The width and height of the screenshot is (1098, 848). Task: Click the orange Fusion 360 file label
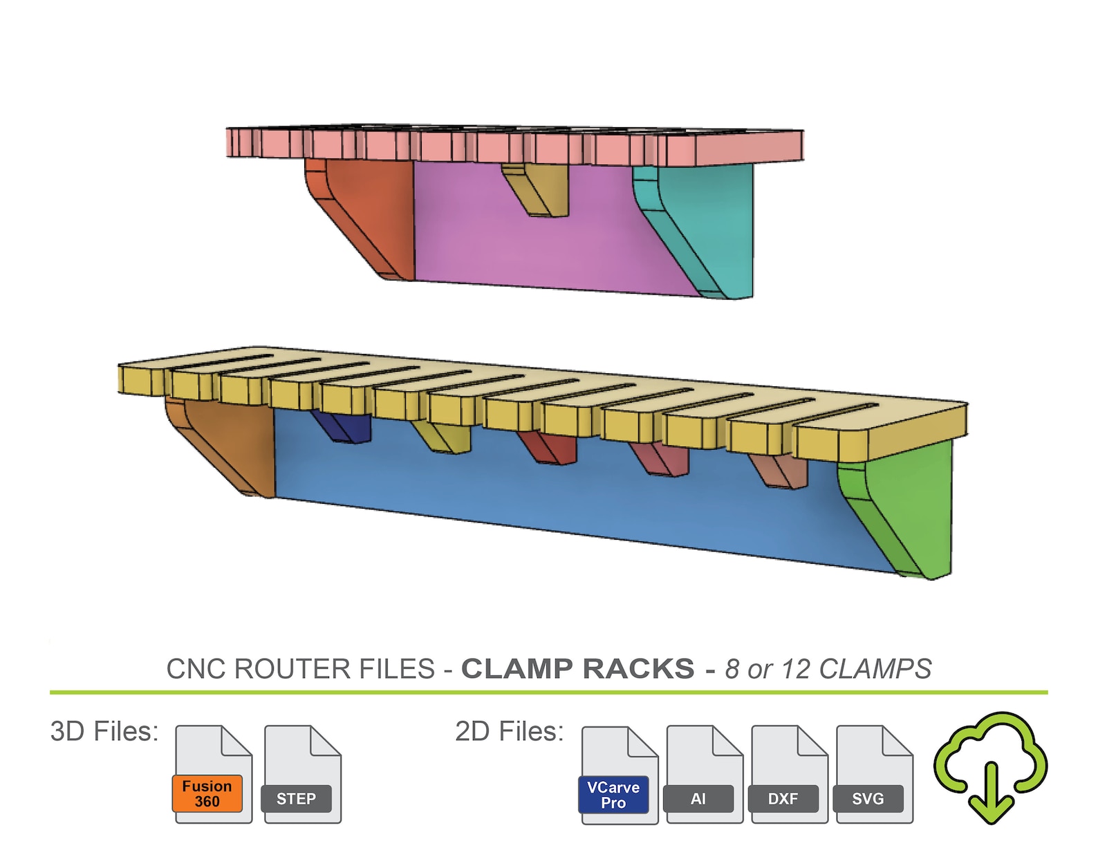[x=207, y=794]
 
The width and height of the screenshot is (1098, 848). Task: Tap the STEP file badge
[x=296, y=799]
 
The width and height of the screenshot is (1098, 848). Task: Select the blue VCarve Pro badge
[x=613, y=795]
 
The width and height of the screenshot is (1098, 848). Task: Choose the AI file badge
[x=698, y=799]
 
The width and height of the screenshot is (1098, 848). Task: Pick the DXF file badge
[x=783, y=799]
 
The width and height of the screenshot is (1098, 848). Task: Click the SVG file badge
[x=868, y=799]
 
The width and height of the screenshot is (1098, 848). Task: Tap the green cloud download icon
[x=991, y=767]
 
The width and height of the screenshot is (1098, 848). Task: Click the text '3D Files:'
[x=104, y=731]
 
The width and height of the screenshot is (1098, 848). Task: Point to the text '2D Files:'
[x=510, y=731]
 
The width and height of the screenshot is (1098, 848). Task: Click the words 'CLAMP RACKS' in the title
[x=578, y=669]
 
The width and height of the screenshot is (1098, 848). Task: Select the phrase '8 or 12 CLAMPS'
[x=828, y=669]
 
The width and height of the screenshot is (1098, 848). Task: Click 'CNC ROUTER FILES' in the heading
[x=301, y=669]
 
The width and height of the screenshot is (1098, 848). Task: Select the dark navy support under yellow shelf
[x=342, y=427]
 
